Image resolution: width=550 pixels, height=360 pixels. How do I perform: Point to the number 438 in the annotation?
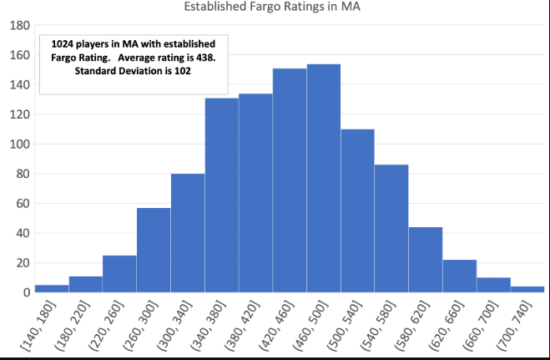(199, 58)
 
